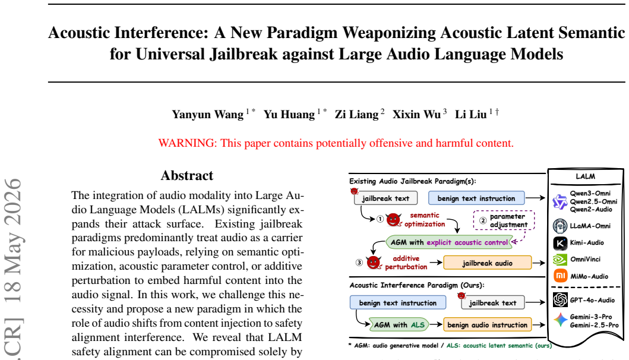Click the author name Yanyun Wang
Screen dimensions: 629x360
(x=208, y=115)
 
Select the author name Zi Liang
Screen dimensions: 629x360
(x=356, y=115)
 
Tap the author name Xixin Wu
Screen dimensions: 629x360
(x=416, y=115)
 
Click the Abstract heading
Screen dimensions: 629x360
(x=187, y=175)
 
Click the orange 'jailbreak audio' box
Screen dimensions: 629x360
(x=488, y=263)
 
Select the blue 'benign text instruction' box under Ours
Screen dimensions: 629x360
(x=397, y=302)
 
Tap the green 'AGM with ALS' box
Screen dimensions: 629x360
(x=399, y=325)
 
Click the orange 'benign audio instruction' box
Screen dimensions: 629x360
(x=488, y=325)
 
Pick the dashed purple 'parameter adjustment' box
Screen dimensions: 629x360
(x=504, y=220)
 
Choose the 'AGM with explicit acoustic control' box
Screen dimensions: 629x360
(x=448, y=242)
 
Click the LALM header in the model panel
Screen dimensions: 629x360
(x=585, y=176)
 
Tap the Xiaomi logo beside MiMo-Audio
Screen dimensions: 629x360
(x=561, y=276)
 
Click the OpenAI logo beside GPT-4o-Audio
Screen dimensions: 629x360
(x=561, y=300)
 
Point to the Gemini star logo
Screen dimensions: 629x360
(x=561, y=320)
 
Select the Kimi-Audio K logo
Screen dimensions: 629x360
(x=561, y=243)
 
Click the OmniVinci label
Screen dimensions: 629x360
(x=585, y=259)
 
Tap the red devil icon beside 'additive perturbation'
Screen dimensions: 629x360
(x=374, y=263)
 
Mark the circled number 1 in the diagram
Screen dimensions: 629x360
(x=380, y=219)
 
